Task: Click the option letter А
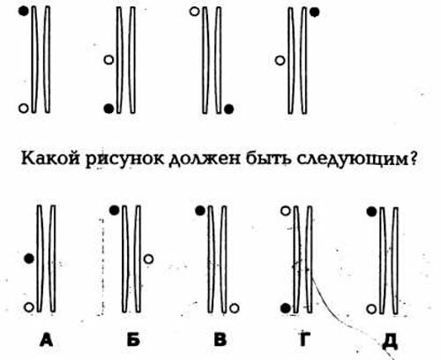click(47, 340)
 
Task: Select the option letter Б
click(133, 340)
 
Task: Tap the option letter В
click(220, 340)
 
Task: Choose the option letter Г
click(304, 340)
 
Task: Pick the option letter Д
click(390, 341)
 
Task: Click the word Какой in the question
click(50, 159)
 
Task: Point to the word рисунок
click(125, 160)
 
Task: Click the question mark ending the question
click(413, 158)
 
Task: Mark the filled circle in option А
click(29, 259)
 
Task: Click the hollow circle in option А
click(29, 307)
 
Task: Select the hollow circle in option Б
click(148, 259)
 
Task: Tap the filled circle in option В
click(200, 211)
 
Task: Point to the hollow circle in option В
click(234, 308)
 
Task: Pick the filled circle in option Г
click(286, 308)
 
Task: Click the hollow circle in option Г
click(286, 211)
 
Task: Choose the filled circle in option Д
click(371, 212)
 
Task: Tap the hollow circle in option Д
click(371, 309)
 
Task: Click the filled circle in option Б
click(115, 210)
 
